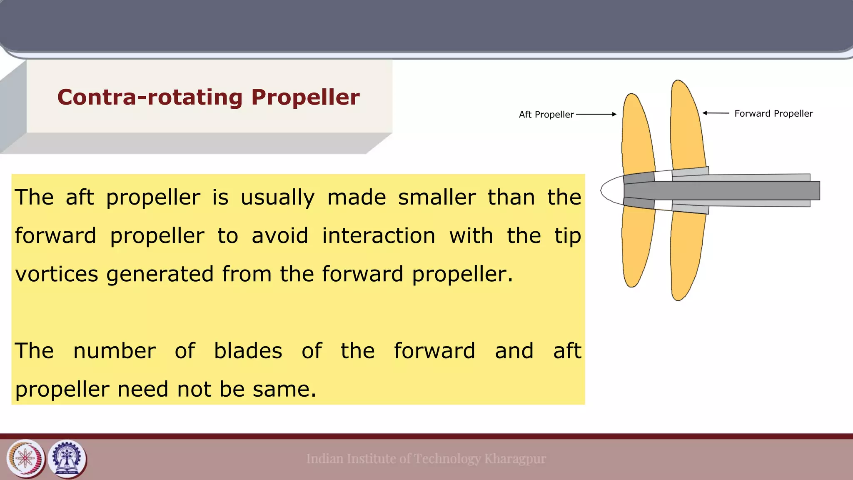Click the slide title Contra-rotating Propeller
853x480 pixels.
208,97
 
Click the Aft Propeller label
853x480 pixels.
546,115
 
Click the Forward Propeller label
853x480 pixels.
773,113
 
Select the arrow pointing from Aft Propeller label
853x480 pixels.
596,114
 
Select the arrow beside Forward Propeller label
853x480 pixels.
716,113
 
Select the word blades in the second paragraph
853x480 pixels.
248,351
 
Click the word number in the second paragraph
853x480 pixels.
114,351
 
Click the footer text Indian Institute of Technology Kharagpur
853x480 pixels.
426,459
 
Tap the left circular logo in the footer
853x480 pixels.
25,459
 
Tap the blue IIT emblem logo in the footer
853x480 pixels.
67,459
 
